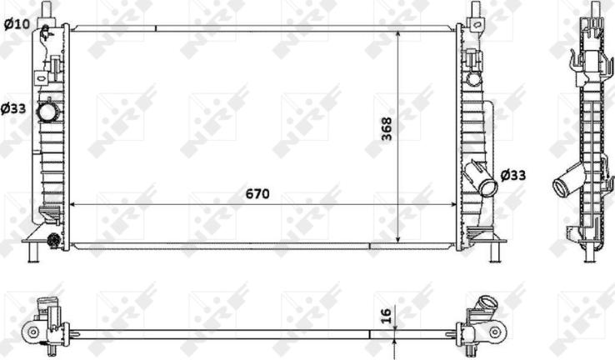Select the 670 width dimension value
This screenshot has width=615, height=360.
pyautogui.click(x=257, y=194)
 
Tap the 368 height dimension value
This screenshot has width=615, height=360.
pyautogui.click(x=387, y=127)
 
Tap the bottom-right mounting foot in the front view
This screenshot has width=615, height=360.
pyautogui.click(x=497, y=250)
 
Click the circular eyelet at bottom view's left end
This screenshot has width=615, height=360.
pyautogui.click(x=33, y=332)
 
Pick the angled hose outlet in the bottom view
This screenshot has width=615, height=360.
pyautogui.click(x=483, y=308)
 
